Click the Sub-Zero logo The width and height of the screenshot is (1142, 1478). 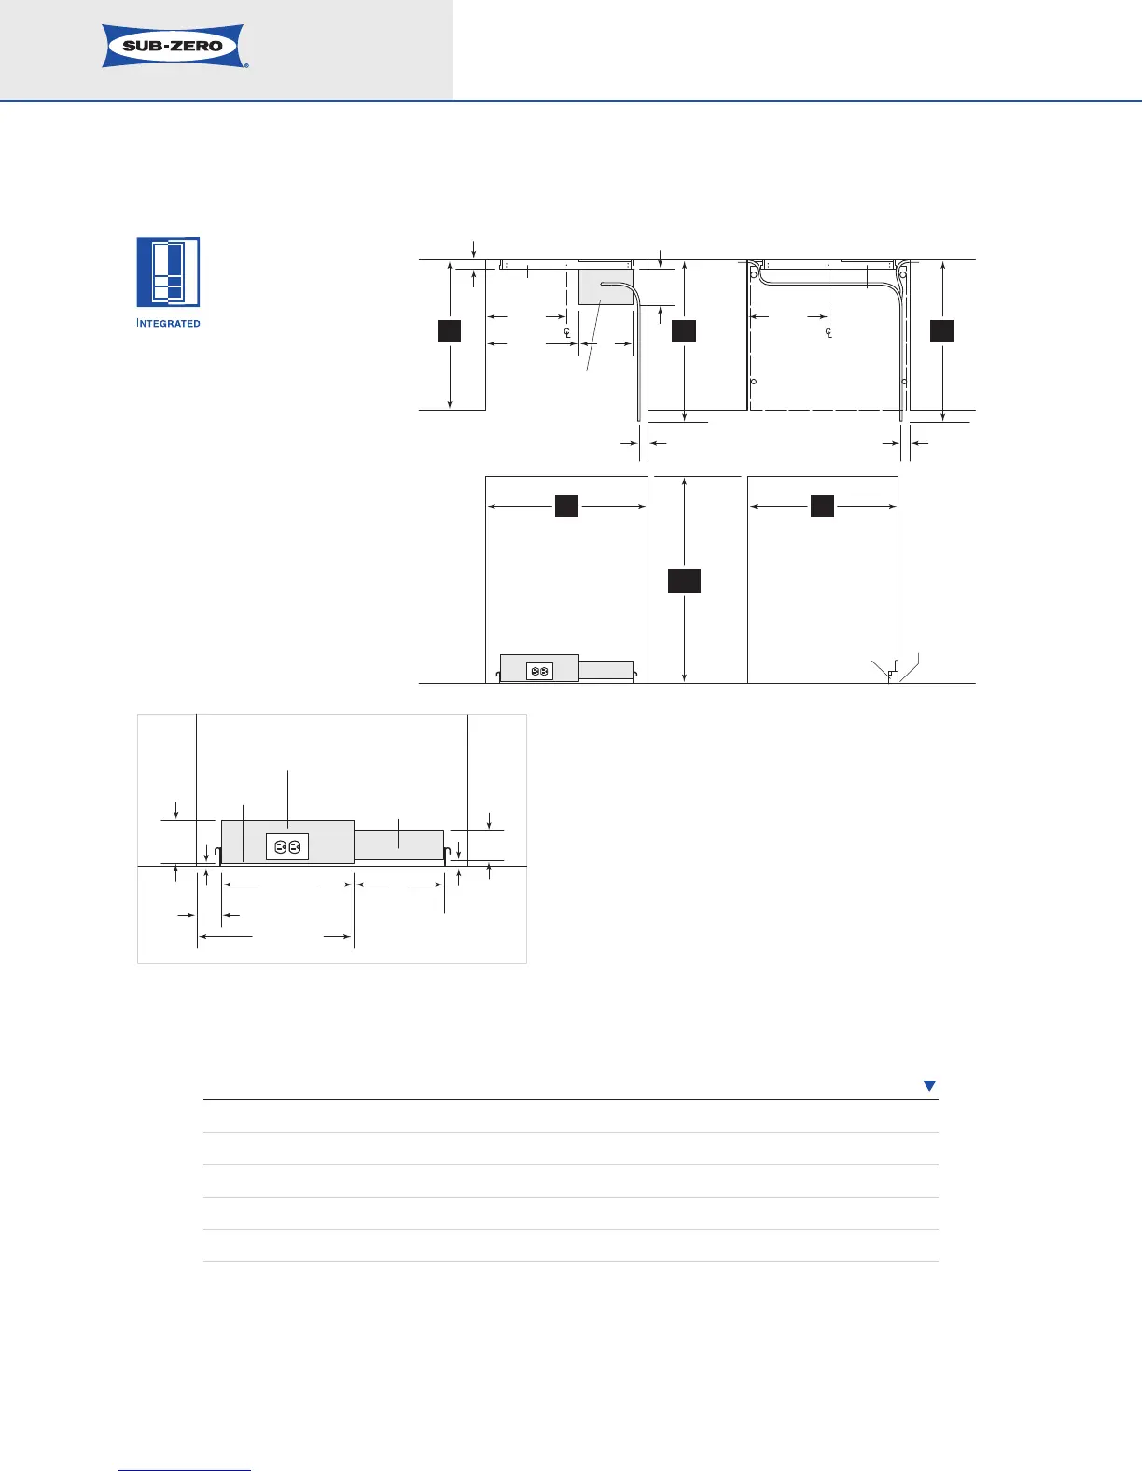coord(174,46)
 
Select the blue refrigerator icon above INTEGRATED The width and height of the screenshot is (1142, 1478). coord(168,272)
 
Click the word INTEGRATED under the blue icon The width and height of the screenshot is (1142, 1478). coord(169,323)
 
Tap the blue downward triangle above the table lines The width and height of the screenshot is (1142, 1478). coord(929,1085)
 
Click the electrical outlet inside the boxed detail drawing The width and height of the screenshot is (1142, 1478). coord(287,847)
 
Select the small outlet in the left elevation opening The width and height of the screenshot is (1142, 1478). coord(539,671)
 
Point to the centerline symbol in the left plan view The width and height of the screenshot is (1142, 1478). coord(566,332)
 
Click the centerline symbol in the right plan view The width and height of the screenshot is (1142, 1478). coord(829,332)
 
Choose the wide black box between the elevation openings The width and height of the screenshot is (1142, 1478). coord(684,581)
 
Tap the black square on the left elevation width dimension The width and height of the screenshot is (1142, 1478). coord(566,506)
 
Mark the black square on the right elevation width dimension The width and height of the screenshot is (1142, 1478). coord(822,506)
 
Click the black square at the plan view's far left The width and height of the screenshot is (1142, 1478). coord(449,331)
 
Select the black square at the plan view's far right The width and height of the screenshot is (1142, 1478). coord(942,331)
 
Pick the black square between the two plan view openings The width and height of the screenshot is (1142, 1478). coord(684,331)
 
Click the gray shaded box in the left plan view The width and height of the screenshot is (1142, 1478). coord(606,287)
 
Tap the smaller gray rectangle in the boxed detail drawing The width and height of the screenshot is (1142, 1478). coord(398,845)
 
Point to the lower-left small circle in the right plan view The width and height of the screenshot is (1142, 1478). coord(754,382)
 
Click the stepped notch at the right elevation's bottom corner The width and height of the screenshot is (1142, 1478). coord(893,671)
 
